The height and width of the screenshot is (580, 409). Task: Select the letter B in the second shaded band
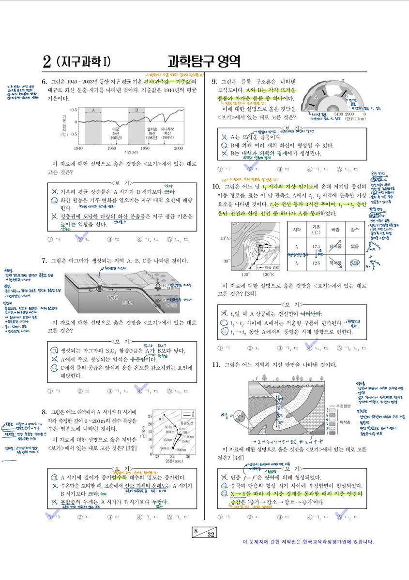coord(137,111)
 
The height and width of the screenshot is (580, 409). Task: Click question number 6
coord(44,82)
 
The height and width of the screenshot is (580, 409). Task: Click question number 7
coord(44,261)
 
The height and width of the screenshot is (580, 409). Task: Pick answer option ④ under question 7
coord(140,391)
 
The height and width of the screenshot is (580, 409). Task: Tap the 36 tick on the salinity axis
coord(188,457)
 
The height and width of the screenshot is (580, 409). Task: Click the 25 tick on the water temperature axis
coord(150,416)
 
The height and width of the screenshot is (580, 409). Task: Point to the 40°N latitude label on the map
coord(225,238)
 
